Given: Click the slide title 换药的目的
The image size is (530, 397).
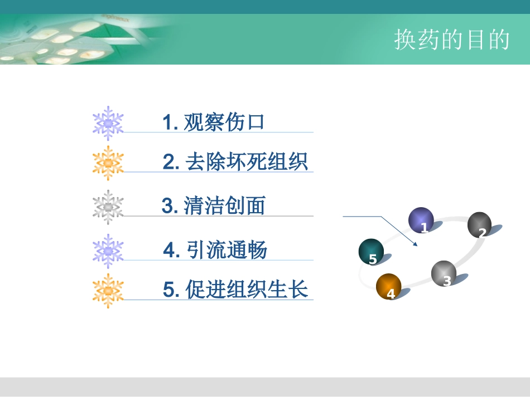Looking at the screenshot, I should [452, 40].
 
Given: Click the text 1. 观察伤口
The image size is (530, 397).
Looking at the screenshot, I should [213, 122].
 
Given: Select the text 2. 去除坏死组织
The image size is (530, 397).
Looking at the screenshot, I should [235, 162].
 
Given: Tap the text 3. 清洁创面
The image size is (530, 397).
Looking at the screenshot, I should [213, 206].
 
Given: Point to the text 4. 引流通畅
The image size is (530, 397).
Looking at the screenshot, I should [215, 250].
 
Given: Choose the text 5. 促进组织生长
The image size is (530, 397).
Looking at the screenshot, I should [235, 290].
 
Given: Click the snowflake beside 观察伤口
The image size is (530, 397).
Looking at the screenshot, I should [108, 122].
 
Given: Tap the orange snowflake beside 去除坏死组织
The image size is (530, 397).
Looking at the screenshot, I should [108, 163].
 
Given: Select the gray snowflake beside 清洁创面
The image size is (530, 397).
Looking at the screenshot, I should [108, 207].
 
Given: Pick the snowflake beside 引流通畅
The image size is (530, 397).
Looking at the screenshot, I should [108, 251].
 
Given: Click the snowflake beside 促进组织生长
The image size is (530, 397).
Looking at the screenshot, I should [108, 290].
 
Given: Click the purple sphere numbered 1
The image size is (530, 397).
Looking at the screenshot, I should [421, 220].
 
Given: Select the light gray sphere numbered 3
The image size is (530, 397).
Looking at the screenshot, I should [444, 273].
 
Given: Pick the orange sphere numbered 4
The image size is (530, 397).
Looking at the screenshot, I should [389, 286].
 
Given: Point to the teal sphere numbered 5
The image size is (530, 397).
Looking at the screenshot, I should [371, 252].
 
